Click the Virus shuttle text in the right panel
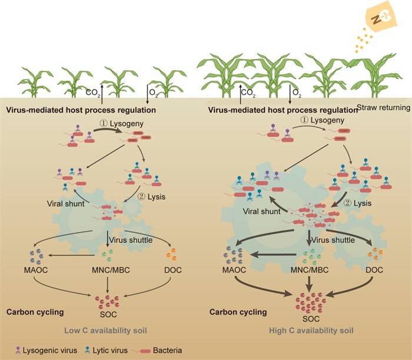click(333, 240)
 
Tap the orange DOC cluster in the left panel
click(173, 256)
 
